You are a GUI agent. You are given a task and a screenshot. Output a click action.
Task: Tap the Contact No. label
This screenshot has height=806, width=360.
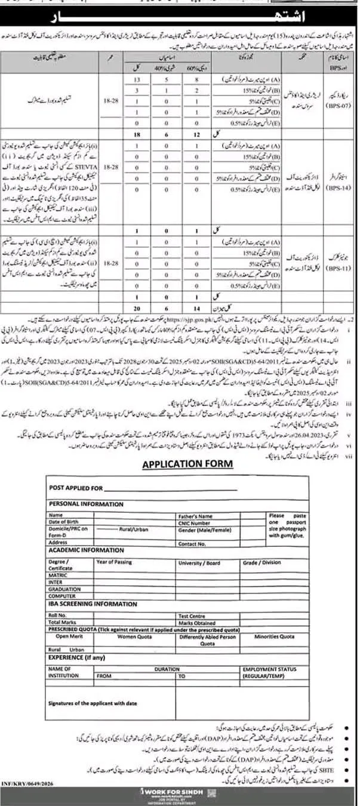(191, 544)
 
